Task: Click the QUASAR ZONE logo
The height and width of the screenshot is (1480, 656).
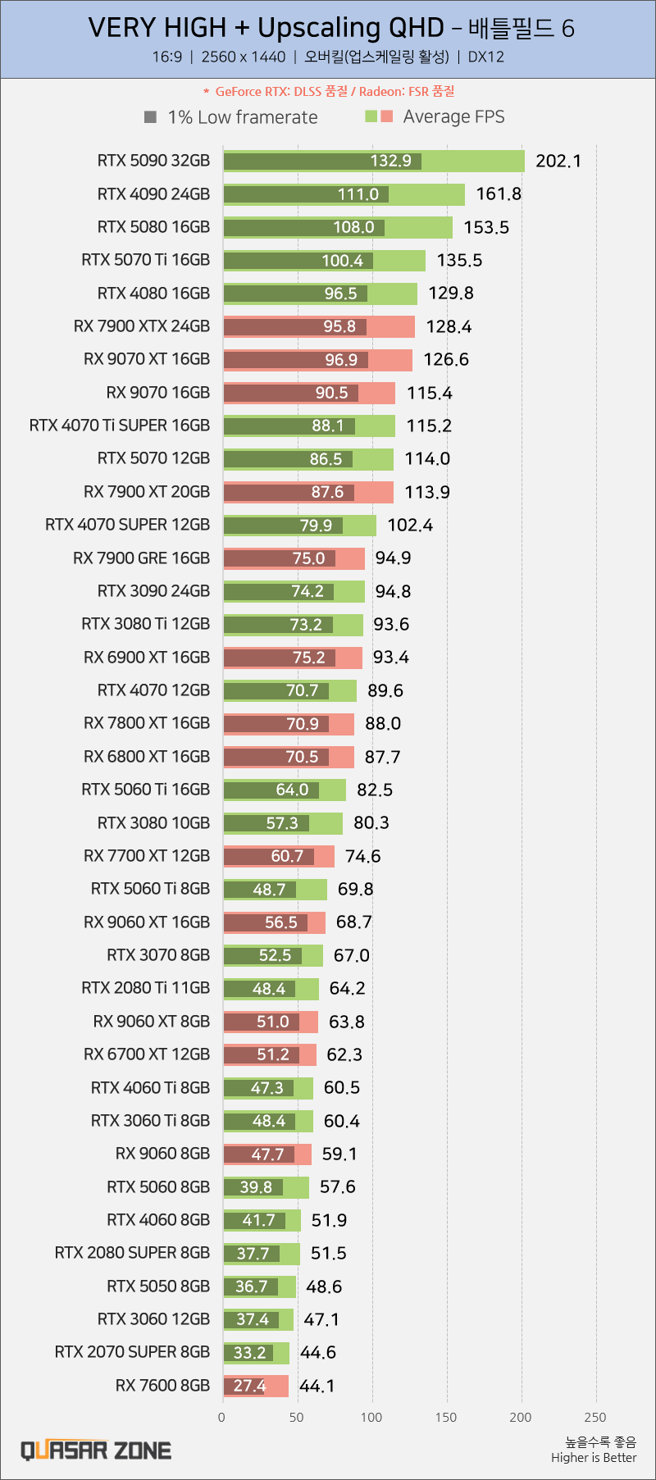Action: tap(96, 1450)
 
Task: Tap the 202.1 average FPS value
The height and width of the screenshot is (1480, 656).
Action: tap(558, 161)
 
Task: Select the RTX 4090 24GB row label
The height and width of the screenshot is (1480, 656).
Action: tap(153, 194)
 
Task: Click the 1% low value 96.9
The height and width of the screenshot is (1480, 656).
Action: tap(341, 360)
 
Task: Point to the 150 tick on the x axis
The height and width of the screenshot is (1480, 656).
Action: tap(446, 1417)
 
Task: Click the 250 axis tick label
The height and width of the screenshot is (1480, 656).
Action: tap(595, 1417)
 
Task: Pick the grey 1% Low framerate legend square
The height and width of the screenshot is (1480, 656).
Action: tap(150, 117)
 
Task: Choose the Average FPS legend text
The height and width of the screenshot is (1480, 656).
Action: tap(453, 116)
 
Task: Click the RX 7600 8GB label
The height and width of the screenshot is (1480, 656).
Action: tap(162, 1385)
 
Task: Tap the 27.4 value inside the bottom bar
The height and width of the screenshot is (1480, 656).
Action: tap(249, 1386)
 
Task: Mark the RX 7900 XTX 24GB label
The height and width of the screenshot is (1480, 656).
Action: tap(142, 326)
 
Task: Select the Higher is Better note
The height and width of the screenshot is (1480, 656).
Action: tap(594, 1457)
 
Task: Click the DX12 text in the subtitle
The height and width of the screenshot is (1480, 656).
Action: tap(485, 57)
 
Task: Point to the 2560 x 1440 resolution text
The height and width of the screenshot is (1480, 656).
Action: tap(244, 57)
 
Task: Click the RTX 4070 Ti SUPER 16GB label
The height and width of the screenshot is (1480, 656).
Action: tap(120, 426)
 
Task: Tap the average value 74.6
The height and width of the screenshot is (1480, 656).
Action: tap(362, 856)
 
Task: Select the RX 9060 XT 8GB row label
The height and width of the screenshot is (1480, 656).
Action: tap(151, 1022)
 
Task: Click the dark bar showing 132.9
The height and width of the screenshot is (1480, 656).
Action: tap(322, 162)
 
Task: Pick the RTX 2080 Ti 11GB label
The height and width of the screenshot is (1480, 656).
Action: tap(145, 988)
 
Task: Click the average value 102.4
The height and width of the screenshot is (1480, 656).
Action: tap(410, 525)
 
